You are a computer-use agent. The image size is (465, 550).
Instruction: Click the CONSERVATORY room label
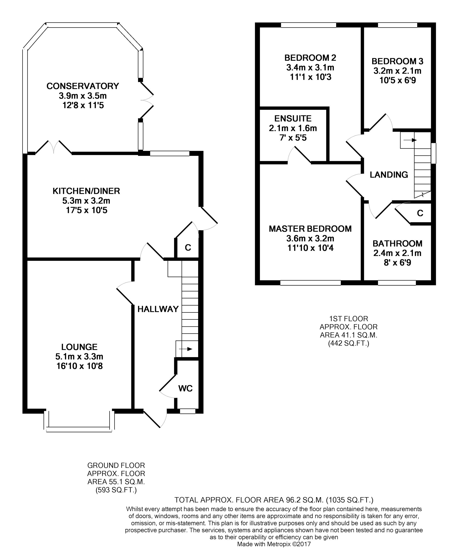[83, 86]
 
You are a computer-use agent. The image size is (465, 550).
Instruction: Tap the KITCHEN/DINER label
[86, 191]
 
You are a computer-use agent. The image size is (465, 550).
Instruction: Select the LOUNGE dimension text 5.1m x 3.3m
[79, 357]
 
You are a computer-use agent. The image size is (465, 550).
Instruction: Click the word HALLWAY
[158, 309]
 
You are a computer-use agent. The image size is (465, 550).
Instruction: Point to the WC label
[186, 388]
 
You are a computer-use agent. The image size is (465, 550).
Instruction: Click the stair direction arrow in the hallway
[186, 349]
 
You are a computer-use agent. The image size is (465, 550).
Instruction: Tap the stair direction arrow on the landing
[410, 140]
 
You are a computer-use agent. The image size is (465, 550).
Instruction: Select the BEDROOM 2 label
[310, 57]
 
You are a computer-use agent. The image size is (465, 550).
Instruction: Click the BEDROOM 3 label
[397, 61]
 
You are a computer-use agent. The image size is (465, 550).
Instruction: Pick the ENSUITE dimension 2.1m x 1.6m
[293, 128]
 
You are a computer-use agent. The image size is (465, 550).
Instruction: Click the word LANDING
[389, 175]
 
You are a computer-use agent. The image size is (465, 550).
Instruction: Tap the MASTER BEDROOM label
[310, 229]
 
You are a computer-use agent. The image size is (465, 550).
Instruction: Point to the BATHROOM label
[397, 243]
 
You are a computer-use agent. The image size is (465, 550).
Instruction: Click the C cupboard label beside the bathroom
[420, 213]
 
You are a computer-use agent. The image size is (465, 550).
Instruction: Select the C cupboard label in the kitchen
[188, 248]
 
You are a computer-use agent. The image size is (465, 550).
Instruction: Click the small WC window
[188, 411]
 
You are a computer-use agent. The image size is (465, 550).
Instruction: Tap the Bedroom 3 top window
[397, 25]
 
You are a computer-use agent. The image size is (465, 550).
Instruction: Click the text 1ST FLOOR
[349, 319]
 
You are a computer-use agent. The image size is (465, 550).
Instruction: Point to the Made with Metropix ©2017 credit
[274, 544]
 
